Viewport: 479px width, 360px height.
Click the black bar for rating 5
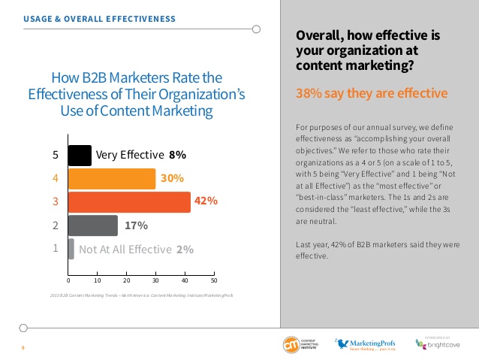[80, 156]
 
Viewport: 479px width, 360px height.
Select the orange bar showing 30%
[112, 179]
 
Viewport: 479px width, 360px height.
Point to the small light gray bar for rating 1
[71, 249]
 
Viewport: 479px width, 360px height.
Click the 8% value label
[177, 156]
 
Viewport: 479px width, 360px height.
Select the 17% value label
[136, 225]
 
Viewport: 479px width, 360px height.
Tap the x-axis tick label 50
[215, 280]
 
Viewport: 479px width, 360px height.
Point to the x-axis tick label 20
[127, 280]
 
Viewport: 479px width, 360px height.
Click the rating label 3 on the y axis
[54, 202]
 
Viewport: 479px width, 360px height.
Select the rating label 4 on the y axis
[54, 179]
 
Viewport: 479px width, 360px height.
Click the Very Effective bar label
[130, 156]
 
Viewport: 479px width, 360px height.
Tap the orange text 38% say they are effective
[372, 94]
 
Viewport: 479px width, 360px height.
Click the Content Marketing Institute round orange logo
[290, 345]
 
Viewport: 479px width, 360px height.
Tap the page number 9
[23, 347]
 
